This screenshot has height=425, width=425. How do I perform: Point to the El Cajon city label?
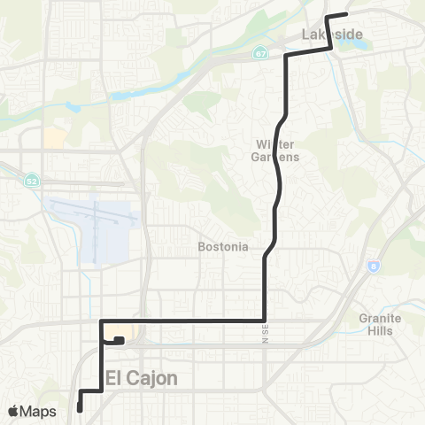pyautogui.click(x=142, y=378)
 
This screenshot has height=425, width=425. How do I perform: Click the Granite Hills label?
pyautogui.click(x=381, y=324)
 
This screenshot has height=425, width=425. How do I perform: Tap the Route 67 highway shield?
pyautogui.click(x=259, y=52)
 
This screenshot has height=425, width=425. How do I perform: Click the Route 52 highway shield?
pyautogui.click(x=31, y=179)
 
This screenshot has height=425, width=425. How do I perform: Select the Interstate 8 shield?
pyautogui.click(x=375, y=265)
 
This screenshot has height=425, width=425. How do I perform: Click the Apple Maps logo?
pyautogui.click(x=34, y=411)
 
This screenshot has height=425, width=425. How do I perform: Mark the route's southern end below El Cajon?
pyautogui.click(x=80, y=409)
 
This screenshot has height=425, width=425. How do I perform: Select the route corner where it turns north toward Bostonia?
pyautogui.click(x=265, y=320)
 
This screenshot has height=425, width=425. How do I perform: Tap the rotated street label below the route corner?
pyautogui.click(x=264, y=336)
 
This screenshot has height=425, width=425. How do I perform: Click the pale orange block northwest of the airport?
pyautogui.click(x=54, y=137)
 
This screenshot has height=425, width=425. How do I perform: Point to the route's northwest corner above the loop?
pyautogui.click(x=102, y=320)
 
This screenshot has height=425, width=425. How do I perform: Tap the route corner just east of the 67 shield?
pyautogui.click(x=285, y=56)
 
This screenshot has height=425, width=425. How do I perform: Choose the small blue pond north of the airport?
pyautogui.click(x=73, y=108)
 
